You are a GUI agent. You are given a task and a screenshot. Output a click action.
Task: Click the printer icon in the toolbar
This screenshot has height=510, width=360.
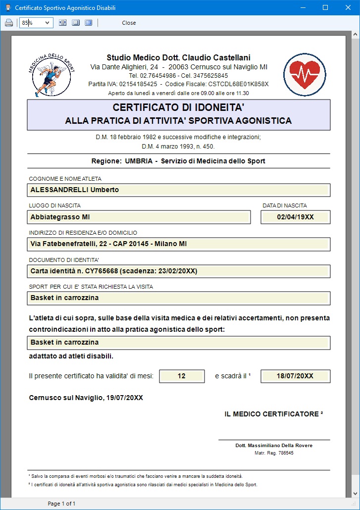pyautogui.click(x=8, y=23)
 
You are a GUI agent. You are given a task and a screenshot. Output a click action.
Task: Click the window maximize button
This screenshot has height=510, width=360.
pyautogui.click(x=325, y=7)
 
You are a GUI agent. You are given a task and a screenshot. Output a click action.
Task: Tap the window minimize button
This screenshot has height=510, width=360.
pyautogui.click(x=303, y=7)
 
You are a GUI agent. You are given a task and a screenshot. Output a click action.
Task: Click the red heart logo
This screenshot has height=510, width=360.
pyautogui.click(x=305, y=74)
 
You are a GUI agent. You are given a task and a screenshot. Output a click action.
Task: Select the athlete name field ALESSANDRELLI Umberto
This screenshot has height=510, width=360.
pyautogui.click(x=179, y=190)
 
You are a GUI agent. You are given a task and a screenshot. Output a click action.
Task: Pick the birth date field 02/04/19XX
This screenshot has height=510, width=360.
pyautogui.click(x=295, y=217)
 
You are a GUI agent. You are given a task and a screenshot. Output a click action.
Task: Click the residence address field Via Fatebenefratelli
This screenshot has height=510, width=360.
pyautogui.click(x=179, y=244)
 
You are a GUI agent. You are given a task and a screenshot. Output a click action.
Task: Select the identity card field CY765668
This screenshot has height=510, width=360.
pyautogui.click(x=179, y=271)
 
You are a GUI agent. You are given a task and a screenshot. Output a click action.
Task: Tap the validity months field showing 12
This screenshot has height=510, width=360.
pyautogui.click(x=182, y=376)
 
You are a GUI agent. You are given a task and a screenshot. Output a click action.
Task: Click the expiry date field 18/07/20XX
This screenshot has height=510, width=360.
pyautogui.click(x=295, y=376)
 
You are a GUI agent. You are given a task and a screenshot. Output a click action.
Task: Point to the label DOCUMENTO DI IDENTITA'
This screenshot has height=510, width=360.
pyautogui.click(x=64, y=260)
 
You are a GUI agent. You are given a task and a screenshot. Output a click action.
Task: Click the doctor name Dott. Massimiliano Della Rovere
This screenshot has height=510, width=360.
pyautogui.click(x=274, y=446)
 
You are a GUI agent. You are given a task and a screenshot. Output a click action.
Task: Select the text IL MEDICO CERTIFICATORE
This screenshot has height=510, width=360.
pyautogui.click(x=273, y=414)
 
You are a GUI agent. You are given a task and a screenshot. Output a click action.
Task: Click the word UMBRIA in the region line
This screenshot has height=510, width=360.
pyautogui.click(x=141, y=161)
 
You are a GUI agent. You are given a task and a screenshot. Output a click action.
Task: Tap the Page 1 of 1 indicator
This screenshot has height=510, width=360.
pyautogui.click(x=61, y=504)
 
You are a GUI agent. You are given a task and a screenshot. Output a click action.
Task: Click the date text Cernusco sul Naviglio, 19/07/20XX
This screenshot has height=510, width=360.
pyautogui.click(x=86, y=398)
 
